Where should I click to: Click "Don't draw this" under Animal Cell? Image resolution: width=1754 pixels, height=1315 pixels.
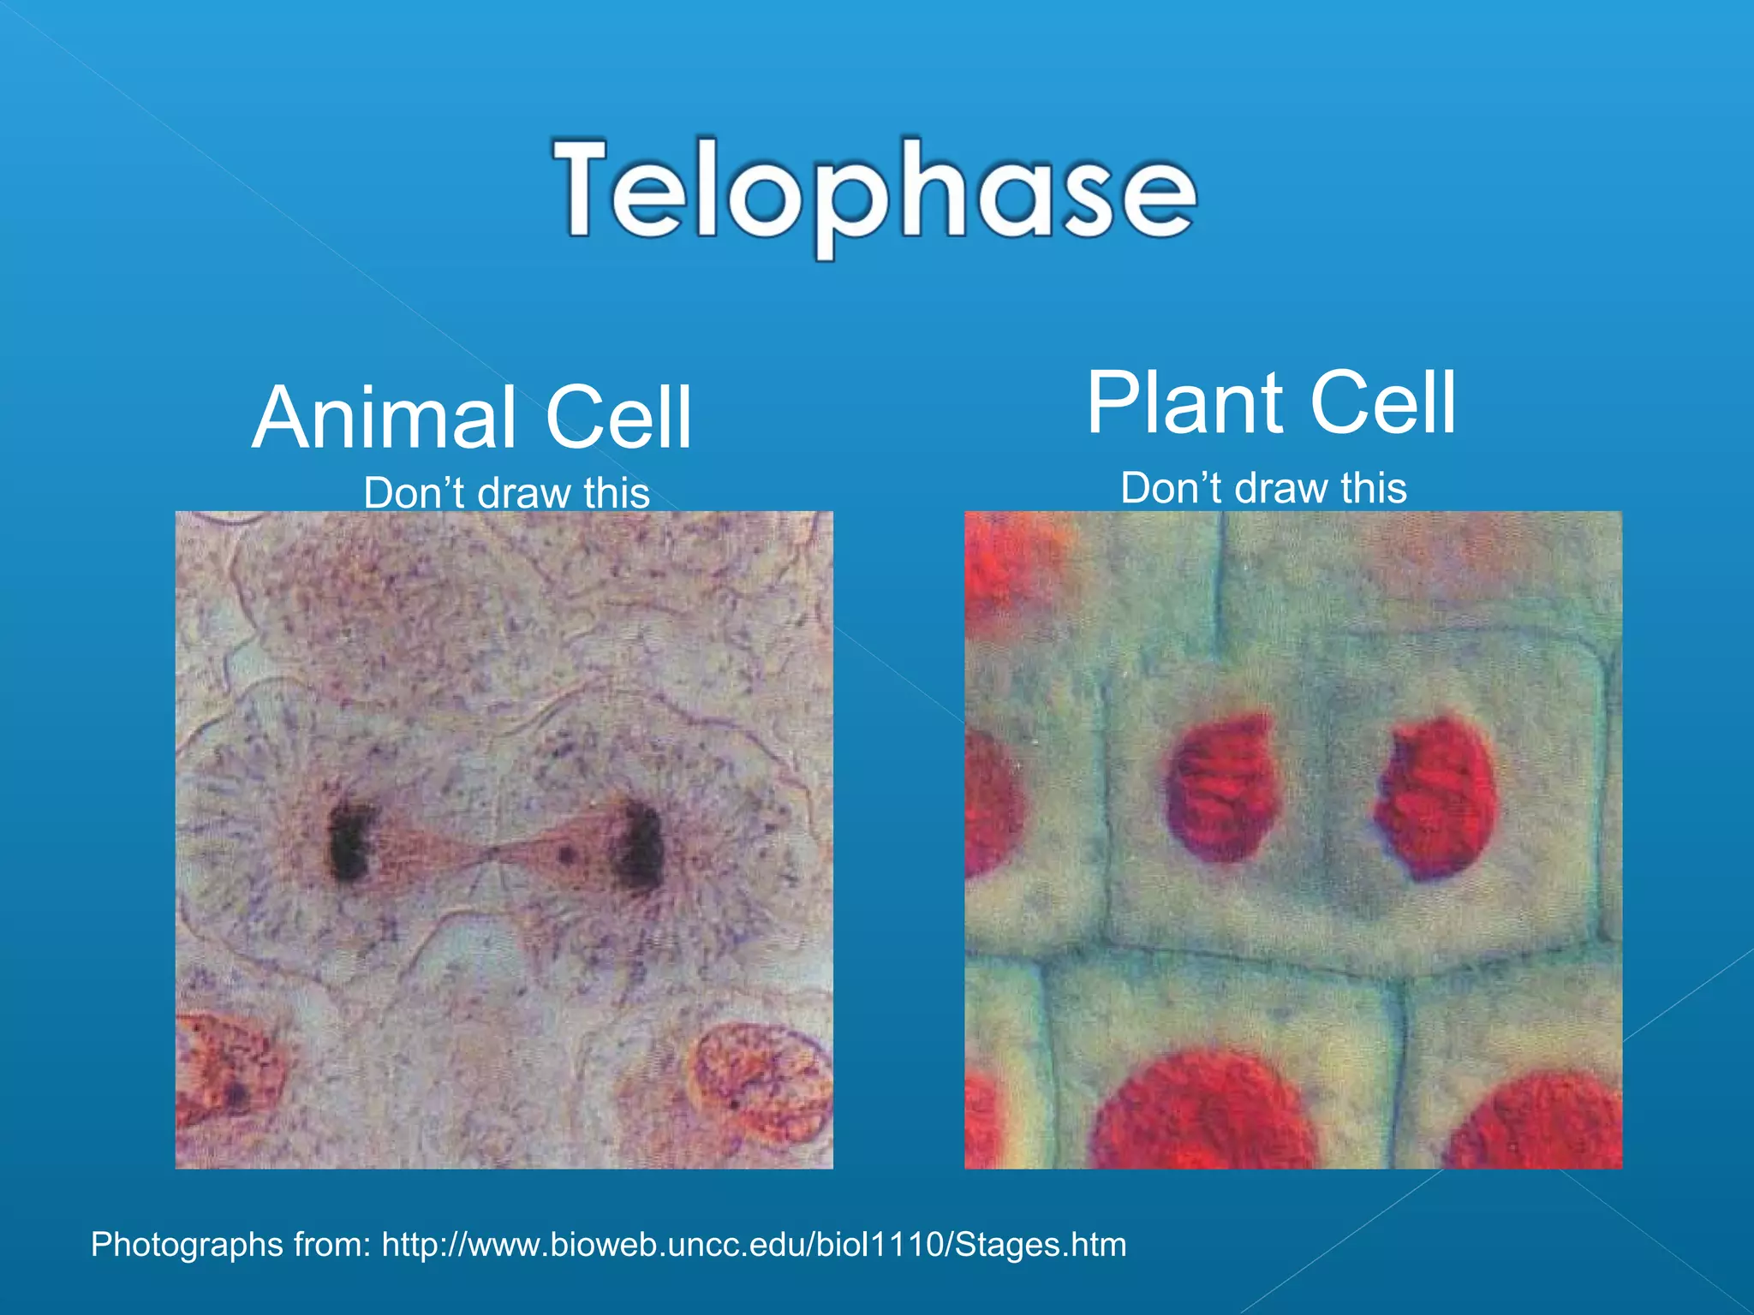[506, 493]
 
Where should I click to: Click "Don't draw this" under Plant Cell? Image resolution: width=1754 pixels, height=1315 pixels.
[1263, 488]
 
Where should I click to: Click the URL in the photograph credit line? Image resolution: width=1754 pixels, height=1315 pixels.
[754, 1245]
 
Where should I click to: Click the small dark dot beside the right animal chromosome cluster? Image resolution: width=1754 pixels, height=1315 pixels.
[566, 853]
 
